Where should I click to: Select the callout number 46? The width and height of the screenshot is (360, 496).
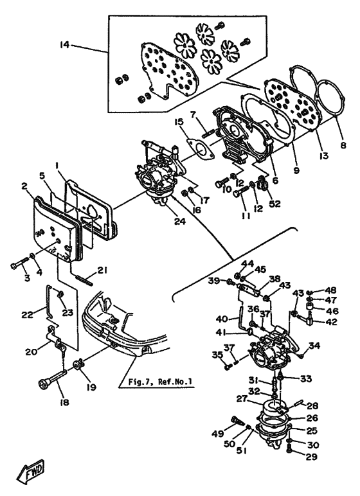pyautogui.click(x=332, y=311)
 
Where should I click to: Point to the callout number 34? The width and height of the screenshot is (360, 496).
pyautogui.click(x=314, y=347)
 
